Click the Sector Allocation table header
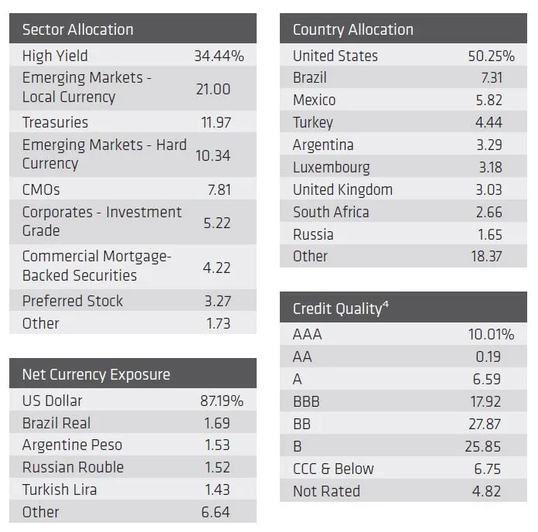pos(77,30)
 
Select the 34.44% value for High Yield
pos(219,56)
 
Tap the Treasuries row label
pos(55,122)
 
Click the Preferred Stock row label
pos(72,301)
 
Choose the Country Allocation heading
pos(352,30)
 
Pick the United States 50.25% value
pos(490,56)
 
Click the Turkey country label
pos(312,122)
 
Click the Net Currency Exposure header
pos(96,375)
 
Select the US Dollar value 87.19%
pos(222,401)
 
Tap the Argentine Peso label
pos(72,445)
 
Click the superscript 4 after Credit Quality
pos(385,305)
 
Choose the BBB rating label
pos(305,401)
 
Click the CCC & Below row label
pos(332,469)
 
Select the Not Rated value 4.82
pos(486,491)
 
